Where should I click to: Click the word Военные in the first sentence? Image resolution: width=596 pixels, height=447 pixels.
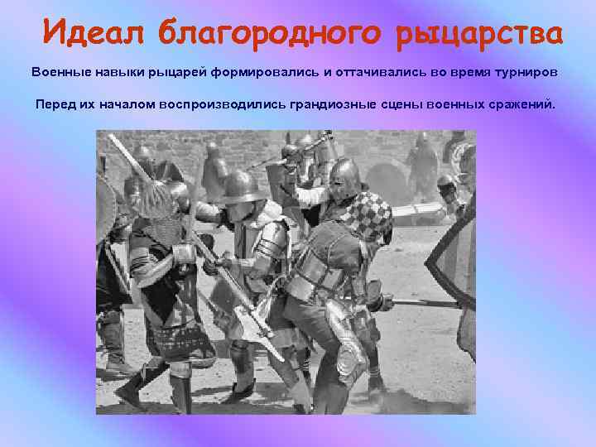click(x=59, y=71)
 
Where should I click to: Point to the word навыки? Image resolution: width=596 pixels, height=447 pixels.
click(x=118, y=71)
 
